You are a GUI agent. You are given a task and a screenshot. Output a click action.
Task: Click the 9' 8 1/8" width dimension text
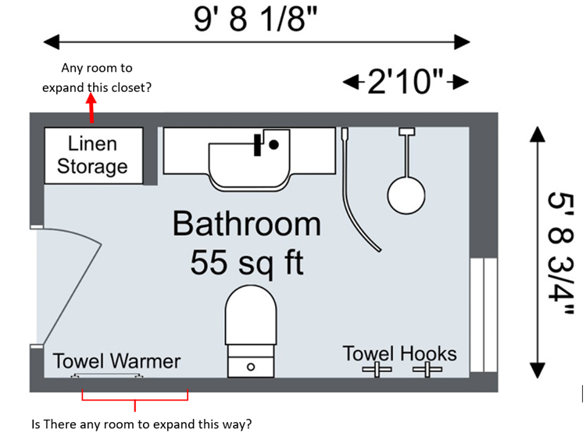pyautogui.click(x=255, y=19)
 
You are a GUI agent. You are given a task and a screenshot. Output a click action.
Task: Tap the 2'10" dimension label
pyautogui.click(x=405, y=81)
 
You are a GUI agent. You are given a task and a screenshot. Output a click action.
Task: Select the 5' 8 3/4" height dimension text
pyautogui.click(x=560, y=254)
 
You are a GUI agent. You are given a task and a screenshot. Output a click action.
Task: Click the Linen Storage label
pyautogui.click(x=93, y=154)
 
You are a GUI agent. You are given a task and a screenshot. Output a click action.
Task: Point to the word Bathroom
pyautogui.click(x=247, y=224)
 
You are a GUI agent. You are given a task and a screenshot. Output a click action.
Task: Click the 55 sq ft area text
pyautogui.click(x=247, y=262)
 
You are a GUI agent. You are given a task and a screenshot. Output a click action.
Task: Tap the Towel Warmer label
pyautogui.click(x=116, y=361)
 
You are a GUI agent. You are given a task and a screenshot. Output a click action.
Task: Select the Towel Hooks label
pyautogui.click(x=399, y=353)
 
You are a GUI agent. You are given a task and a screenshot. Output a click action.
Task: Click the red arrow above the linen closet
pyautogui.click(x=91, y=108)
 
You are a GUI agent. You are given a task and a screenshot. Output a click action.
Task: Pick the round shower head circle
pyautogui.click(x=406, y=195)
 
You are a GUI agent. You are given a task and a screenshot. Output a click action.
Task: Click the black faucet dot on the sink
pyautogui.click(x=274, y=144)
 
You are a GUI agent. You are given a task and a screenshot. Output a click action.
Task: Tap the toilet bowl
pyautogui.click(x=251, y=315)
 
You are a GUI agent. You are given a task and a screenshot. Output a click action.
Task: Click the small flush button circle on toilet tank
pyautogui.click(x=251, y=367)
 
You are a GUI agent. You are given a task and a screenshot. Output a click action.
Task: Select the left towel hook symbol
pyautogui.click(x=377, y=370)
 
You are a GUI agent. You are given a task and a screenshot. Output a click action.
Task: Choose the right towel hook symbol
pyautogui.click(x=427, y=370)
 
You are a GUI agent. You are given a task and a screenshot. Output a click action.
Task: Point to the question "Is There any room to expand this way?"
pyautogui.click(x=141, y=424)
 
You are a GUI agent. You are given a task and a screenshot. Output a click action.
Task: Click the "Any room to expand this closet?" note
pyautogui.click(x=97, y=77)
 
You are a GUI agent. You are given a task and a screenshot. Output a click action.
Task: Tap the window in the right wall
pyautogui.click(x=484, y=314)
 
